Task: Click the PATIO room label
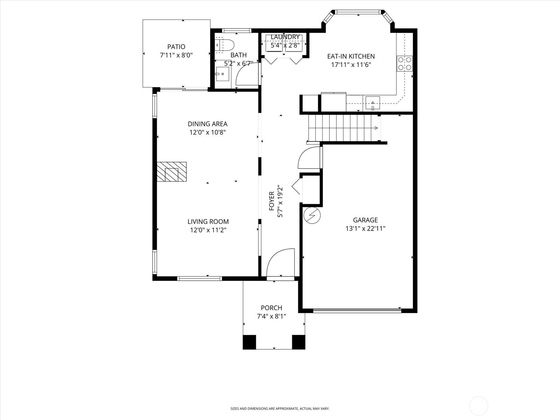click(x=176, y=47)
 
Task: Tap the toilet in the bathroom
click(x=224, y=45)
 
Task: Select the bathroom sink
click(x=222, y=74)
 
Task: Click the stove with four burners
click(x=404, y=63)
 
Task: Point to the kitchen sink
click(x=373, y=103)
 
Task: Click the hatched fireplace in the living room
click(x=171, y=172)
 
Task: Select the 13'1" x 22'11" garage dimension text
click(x=365, y=229)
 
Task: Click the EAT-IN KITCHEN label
click(x=351, y=56)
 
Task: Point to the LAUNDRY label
click(x=285, y=37)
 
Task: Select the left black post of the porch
click(x=249, y=342)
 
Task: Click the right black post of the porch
click(x=298, y=342)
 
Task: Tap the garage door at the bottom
click(x=357, y=310)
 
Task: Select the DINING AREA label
click(x=208, y=124)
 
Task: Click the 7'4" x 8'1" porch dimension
click(x=271, y=316)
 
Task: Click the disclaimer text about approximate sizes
click(x=280, y=408)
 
